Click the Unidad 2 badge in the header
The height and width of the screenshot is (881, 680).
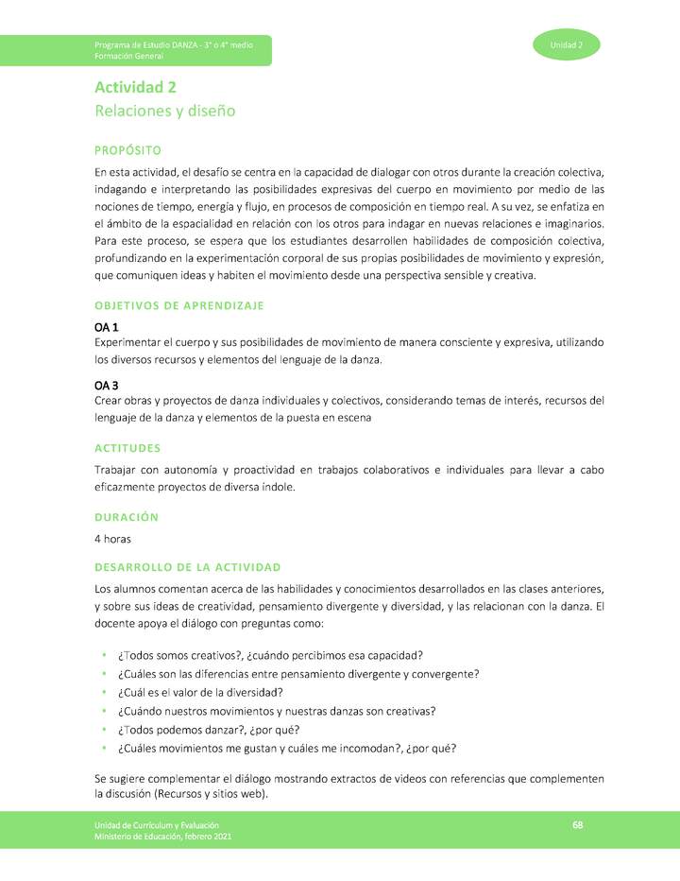point(567,45)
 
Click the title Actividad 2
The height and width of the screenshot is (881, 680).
point(135,88)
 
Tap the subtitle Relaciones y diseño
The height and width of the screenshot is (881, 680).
point(164,112)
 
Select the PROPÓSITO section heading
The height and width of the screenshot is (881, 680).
point(127,150)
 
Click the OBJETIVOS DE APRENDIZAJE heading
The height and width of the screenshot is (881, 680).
point(178,305)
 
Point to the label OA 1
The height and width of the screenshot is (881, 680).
point(106,326)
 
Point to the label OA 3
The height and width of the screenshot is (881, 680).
point(106,386)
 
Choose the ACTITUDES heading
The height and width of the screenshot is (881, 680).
point(127,448)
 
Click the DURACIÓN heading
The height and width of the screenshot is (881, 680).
point(127,517)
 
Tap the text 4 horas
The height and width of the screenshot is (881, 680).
point(112,539)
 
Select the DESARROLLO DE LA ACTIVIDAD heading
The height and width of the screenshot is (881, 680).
point(187,567)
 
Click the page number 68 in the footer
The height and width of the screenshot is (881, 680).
point(577,826)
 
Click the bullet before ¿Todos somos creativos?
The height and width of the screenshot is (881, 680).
point(103,656)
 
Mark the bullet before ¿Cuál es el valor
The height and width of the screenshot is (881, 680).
point(103,693)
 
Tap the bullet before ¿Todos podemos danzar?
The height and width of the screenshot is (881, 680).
point(103,730)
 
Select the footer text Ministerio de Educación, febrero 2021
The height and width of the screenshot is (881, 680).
point(162,838)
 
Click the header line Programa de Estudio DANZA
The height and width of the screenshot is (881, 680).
point(173,45)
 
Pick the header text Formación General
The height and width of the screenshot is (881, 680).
point(128,57)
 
